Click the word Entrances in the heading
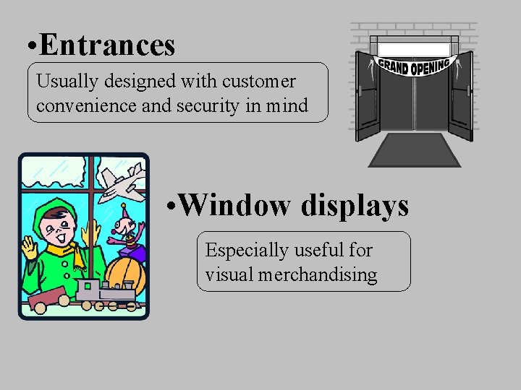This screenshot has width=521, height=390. coord(108,45)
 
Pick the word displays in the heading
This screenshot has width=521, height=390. coord(355,205)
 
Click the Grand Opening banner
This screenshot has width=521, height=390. coord(414,66)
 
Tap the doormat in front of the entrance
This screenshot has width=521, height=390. coord(415,150)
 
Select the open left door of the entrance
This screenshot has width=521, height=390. coord(368,97)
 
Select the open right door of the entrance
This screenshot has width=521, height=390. coord(460,97)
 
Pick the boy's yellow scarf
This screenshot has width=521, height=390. coord(61,256)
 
